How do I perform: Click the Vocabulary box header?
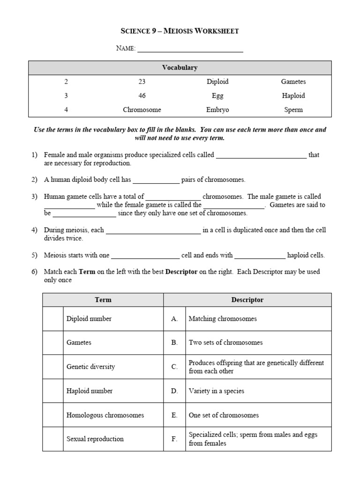click(x=180, y=67)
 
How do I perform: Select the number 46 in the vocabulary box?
click(x=142, y=96)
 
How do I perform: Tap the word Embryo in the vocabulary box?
click(x=217, y=110)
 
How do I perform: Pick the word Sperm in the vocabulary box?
click(x=293, y=110)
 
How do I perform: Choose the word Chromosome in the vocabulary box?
click(x=142, y=110)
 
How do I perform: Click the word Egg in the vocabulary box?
click(x=217, y=96)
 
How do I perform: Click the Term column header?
click(x=103, y=300)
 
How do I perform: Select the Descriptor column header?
click(x=247, y=300)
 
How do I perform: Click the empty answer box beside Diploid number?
click(x=52, y=319)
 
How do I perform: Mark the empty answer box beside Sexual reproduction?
click(x=52, y=439)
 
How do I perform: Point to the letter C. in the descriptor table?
click(x=174, y=367)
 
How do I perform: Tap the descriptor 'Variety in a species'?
click(x=216, y=391)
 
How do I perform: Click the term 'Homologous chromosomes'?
click(x=105, y=415)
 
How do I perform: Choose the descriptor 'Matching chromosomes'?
click(x=223, y=319)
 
